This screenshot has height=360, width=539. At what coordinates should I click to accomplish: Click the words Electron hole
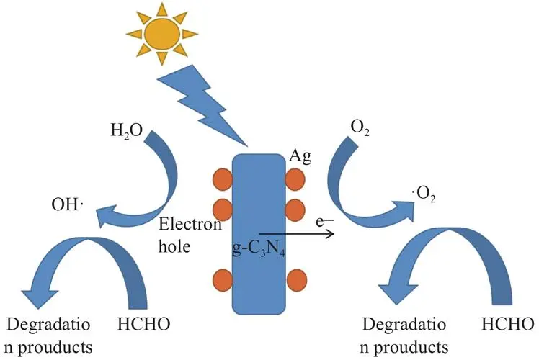[190, 235]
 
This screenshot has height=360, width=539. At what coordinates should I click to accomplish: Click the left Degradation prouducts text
[48, 336]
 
